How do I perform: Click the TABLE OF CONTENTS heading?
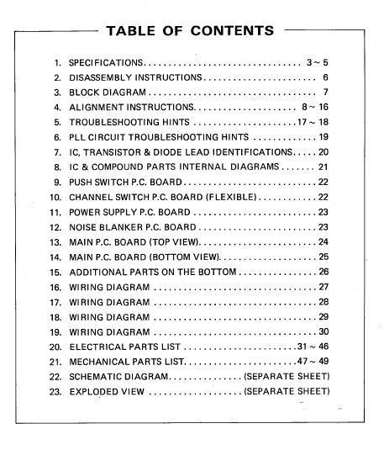tap(189, 31)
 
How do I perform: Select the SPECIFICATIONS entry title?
tap(107, 63)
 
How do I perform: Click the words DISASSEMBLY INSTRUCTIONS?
tap(135, 77)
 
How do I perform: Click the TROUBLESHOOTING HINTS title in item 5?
tap(129, 123)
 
